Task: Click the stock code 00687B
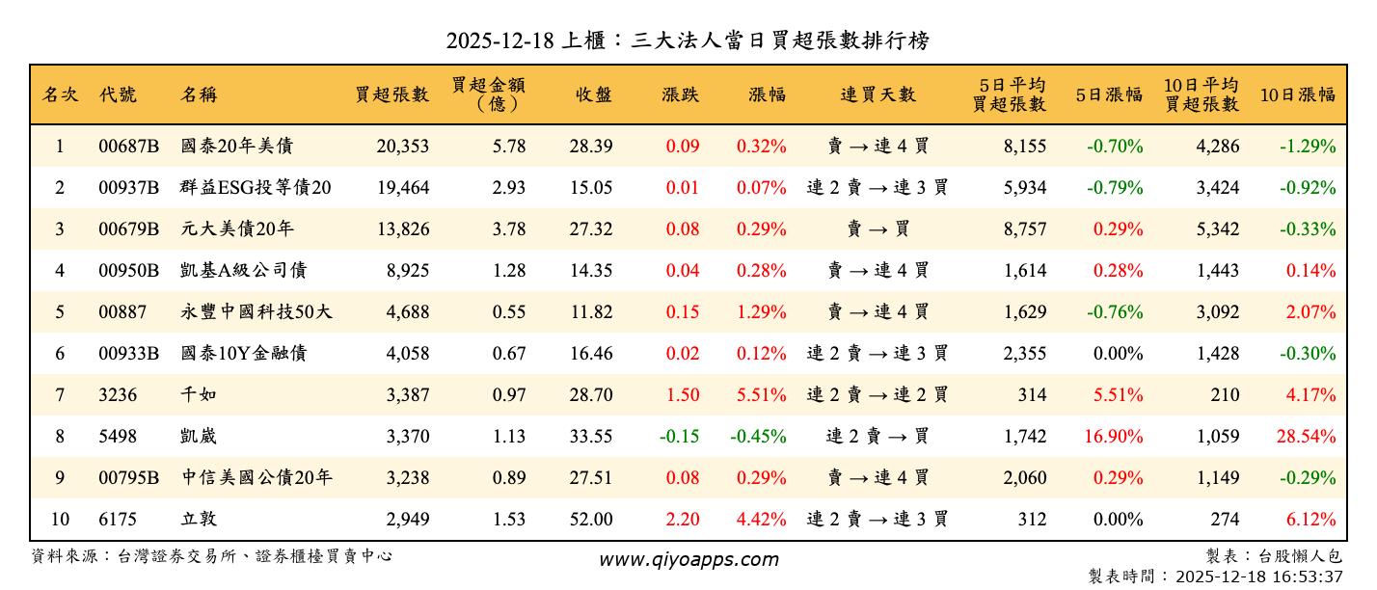click(x=128, y=147)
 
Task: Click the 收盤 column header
click(x=593, y=94)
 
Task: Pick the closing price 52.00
click(x=591, y=520)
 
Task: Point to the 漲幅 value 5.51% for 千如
click(x=761, y=395)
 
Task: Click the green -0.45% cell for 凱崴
click(x=758, y=437)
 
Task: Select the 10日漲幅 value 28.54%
click(x=1307, y=437)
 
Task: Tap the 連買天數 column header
click(x=877, y=94)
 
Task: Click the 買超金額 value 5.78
click(x=508, y=147)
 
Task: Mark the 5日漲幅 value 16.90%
click(x=1114, y=437)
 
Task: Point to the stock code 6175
click(x=118, y=520)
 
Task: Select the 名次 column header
click(x=60, y=94)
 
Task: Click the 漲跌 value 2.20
click(x=682, y=520)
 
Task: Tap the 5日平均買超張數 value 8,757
click(x=1025, y=229)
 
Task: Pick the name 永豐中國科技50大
click(x=256, y=312)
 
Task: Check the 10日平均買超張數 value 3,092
click(x=1218, y=312)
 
